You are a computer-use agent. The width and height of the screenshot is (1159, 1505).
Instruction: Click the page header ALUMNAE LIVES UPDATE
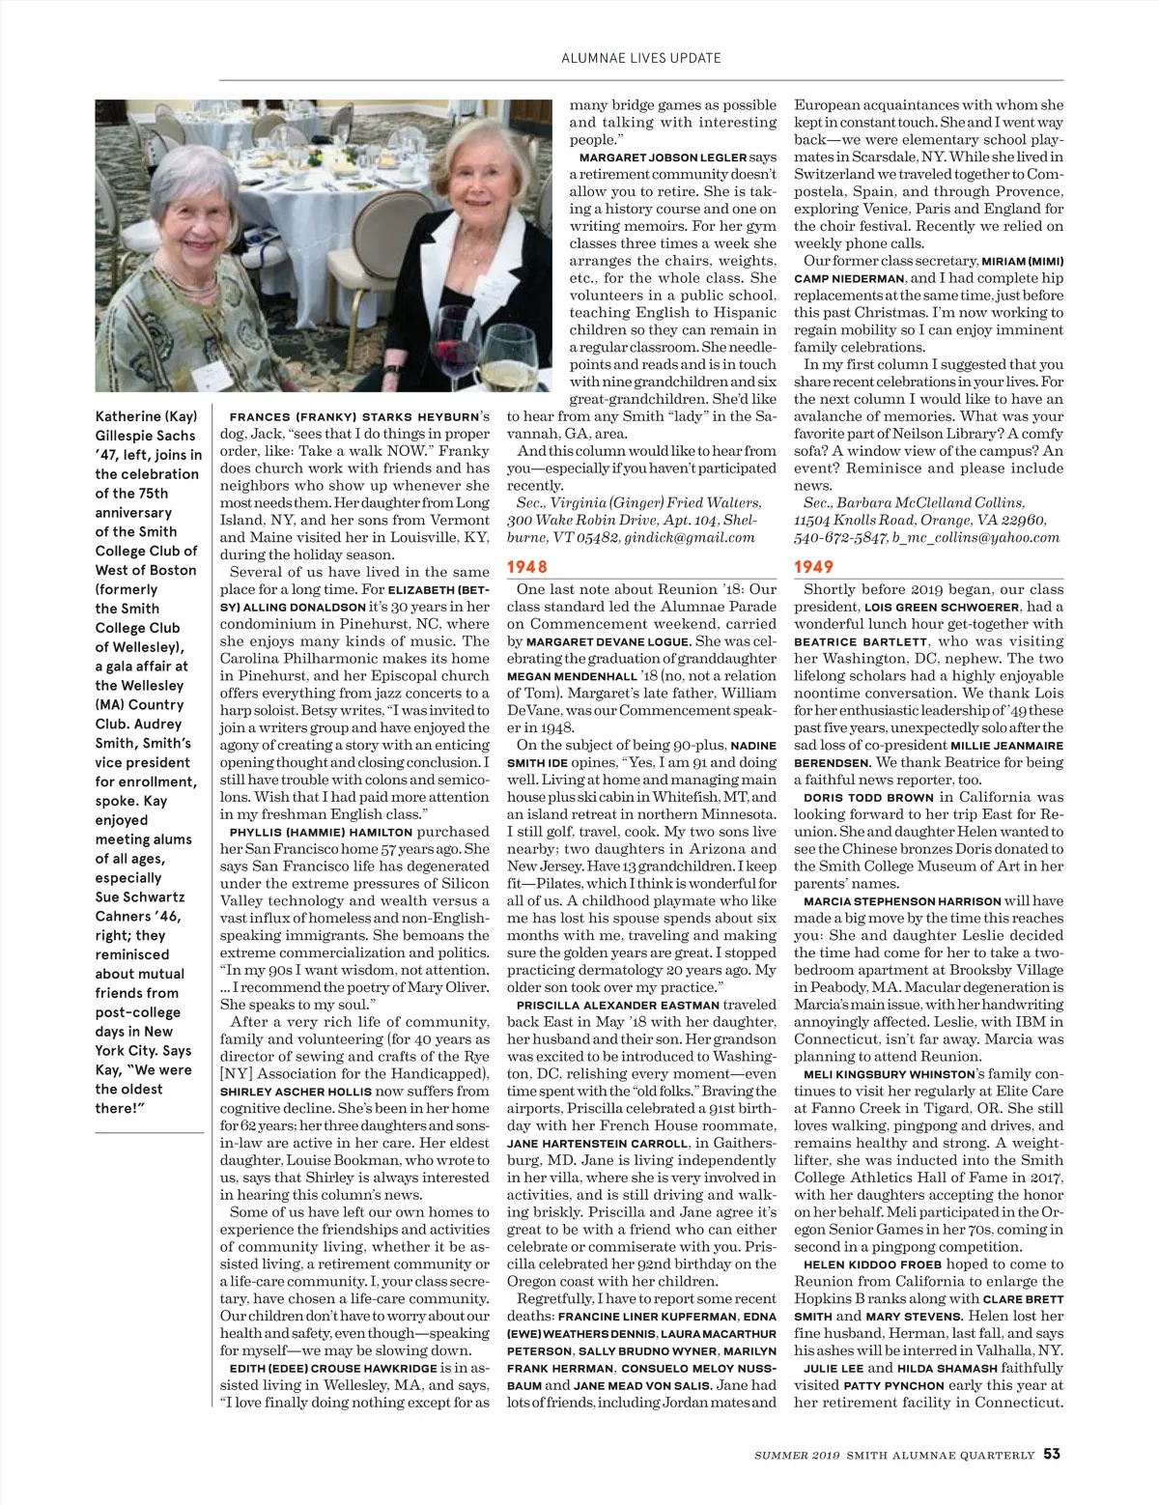640,58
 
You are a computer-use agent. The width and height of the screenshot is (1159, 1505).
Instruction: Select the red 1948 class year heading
527,567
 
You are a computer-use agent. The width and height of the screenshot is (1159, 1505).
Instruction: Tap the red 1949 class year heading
813,567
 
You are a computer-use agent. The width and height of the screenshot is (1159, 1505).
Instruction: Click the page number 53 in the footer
1052,1454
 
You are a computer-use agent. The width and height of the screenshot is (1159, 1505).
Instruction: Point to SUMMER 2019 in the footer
798,1455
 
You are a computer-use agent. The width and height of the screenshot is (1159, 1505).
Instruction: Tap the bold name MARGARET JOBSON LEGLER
663,157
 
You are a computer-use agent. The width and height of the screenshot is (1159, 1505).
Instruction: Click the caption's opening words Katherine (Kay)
146,416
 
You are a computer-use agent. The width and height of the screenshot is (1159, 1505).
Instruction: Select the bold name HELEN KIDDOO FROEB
872,1264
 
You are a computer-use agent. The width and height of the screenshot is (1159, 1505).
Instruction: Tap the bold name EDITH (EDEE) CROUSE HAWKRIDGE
332,1369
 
